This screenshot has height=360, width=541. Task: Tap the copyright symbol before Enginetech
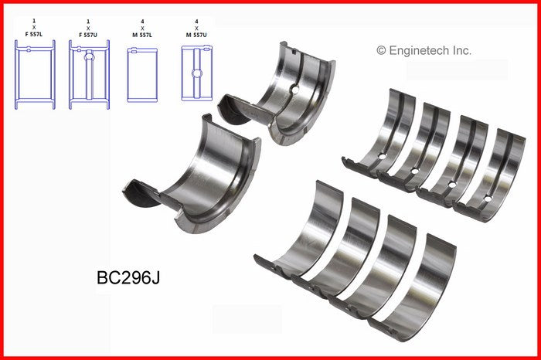pyautogui.click(x=381, y=50)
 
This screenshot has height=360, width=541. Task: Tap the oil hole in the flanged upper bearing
pyautogui.click(x=293, y=90)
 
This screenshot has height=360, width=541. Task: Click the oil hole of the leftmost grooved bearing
pyautogui.click(x=379, y=159)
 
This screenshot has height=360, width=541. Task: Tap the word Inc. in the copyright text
pyautogui.click(x=461, y=50)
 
